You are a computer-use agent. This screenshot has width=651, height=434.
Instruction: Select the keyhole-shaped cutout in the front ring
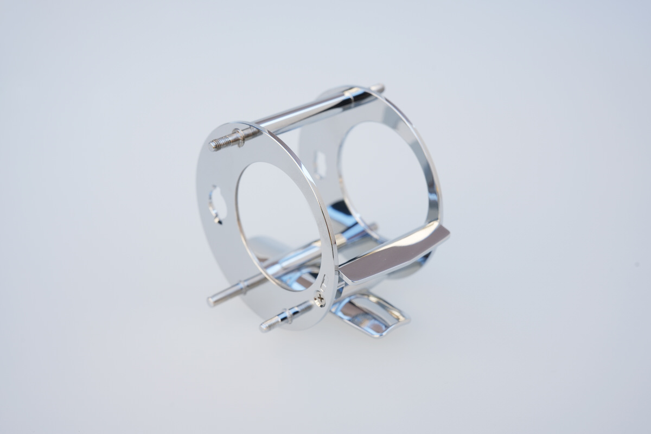(x=216, y=204)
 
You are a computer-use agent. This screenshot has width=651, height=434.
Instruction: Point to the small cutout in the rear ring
(x=320, y=165)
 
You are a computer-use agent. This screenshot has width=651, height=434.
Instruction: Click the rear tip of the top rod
(x=379, y=87)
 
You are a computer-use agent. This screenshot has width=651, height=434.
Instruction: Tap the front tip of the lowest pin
(x=265, y=327)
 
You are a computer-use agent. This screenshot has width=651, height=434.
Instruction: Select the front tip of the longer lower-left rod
(x=212, y=301)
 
